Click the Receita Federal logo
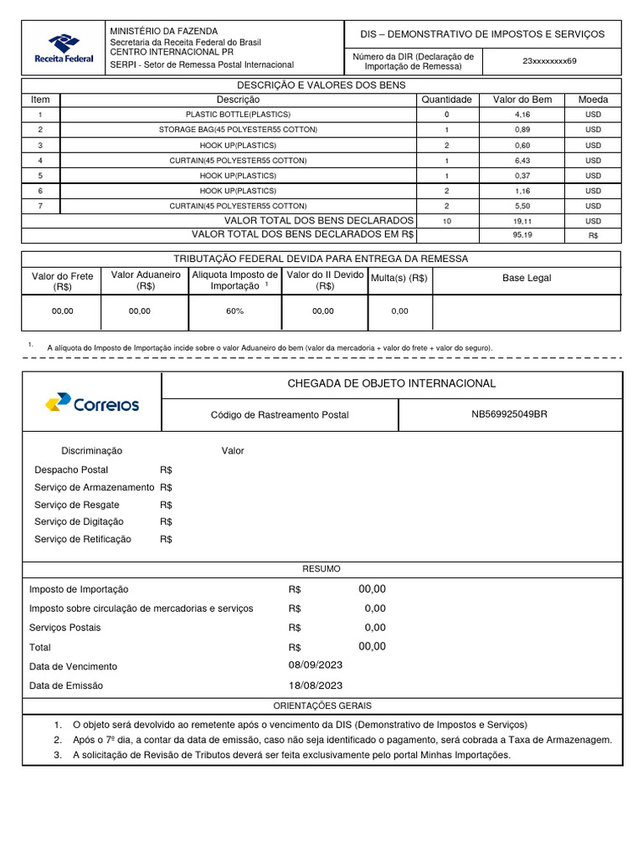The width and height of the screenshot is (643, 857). click(x=64, y=48)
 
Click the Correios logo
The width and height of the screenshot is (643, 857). click(x=92, y=404)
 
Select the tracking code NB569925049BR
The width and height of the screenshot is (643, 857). click(x=510, y=414)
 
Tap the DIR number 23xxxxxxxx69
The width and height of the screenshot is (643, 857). click(x=549, y=61)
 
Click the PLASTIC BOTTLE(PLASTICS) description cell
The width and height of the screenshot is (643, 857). click(x=238, y=114)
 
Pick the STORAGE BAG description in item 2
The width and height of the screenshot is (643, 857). click(x=238, y=130)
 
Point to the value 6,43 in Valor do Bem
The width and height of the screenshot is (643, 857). click(x=522, y=160)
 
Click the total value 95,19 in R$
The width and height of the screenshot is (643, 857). click(x=522, y=235)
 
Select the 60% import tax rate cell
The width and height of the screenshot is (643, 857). click(x=234, y=311)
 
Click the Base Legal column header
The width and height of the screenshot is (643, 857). click(x=527, y=278)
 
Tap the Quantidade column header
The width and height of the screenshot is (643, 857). click(x=446, y=100)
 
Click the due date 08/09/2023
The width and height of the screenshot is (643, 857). click(x=316, y=665)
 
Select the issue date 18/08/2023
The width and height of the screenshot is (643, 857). click(x=316, y=685)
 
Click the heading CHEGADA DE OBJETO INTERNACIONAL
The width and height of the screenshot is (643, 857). click(x=391, y=383)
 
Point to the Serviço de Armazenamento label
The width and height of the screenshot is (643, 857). click(x=94, y=487)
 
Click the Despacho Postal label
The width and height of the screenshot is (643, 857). click(x=71, y=470)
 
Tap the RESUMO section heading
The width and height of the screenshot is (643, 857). click(x=321, y=569)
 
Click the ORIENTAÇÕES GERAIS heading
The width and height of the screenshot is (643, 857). click(x=321, y=706)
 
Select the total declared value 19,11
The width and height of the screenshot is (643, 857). click(x=522, y=220)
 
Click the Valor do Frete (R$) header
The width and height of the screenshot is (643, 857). click(x=62, y=281)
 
